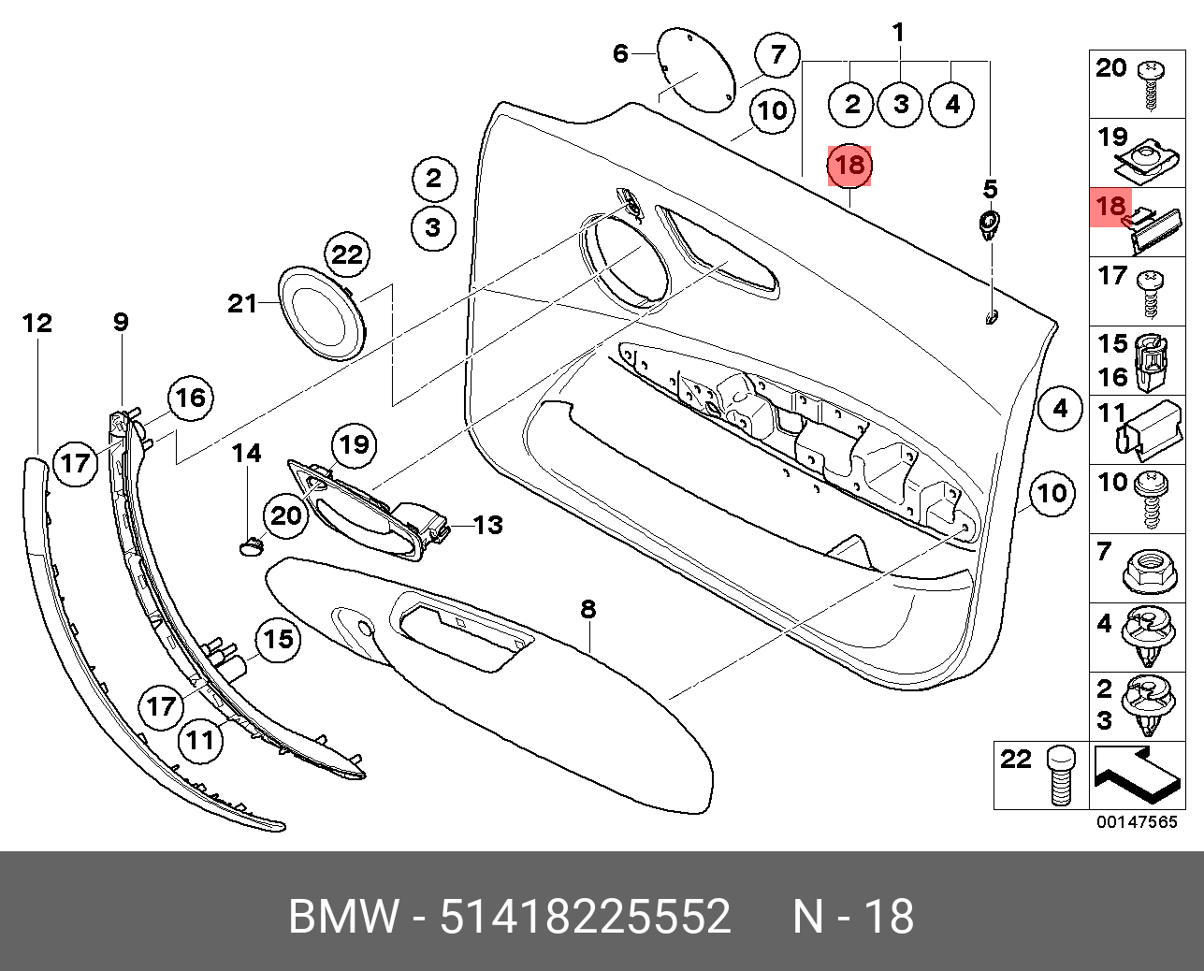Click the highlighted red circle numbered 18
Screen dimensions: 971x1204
[x=849, y=167]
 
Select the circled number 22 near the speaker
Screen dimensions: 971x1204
[x=347, y=254]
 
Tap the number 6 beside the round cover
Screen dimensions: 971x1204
[x=620, y=53]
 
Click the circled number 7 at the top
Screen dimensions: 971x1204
[x=778, y=55]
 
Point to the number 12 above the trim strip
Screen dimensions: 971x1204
[x=37, y=324]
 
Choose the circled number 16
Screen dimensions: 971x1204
[x=190, y=399]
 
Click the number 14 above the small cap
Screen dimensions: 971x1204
[x=247, y=454]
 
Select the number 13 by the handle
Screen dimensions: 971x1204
[x=487, y=525]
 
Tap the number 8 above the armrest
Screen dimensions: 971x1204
[x=587, y=609]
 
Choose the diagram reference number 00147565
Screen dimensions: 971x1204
[x=1137, y=822]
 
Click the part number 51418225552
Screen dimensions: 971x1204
[x=585, y=917]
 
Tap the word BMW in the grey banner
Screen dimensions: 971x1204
[x=342, y=917]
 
